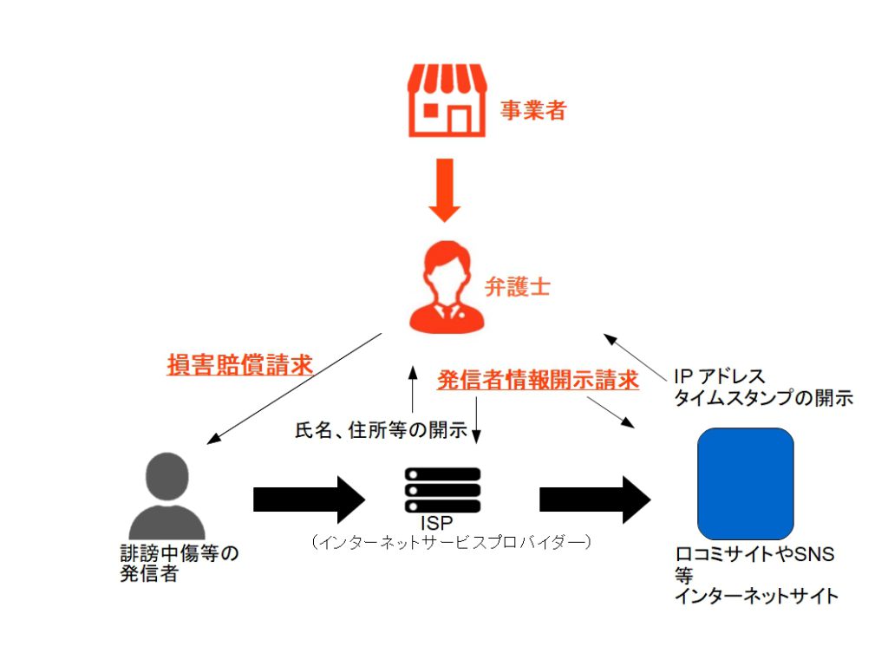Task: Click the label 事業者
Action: [533, 110]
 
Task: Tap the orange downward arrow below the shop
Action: [444, 189]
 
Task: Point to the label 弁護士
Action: [518, 288]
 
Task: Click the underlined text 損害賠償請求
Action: [239, 365]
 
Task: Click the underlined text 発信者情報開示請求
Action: [539, 380]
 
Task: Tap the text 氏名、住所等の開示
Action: [382, 429]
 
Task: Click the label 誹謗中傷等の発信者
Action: [179, 564]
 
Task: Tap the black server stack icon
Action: [443, 490]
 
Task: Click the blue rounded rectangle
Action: [746, 483]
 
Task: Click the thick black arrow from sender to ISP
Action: [309, 499]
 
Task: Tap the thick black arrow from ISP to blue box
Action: [595, 499]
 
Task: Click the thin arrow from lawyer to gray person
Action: [295, 388]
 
